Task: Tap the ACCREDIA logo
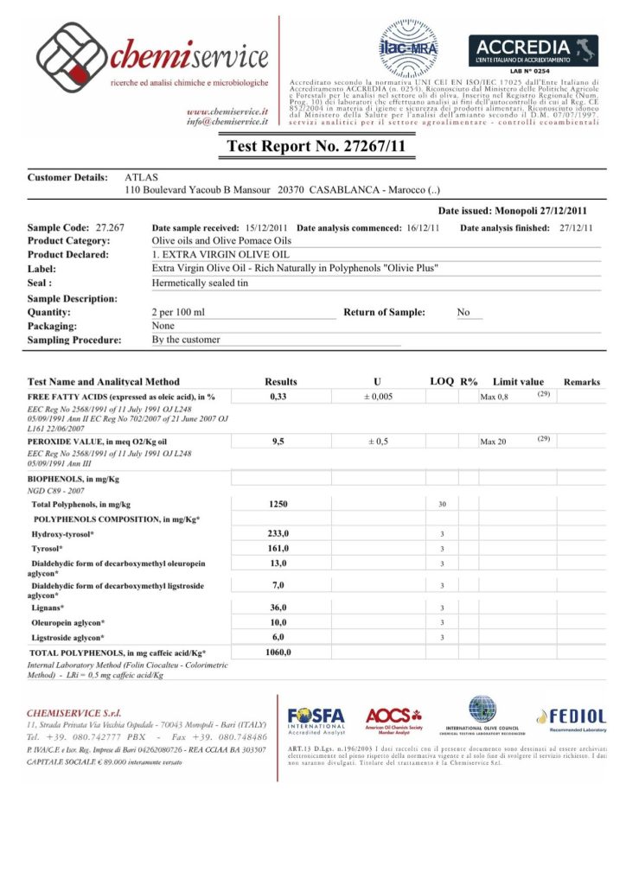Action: click(533, 53)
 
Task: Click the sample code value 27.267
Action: click(111, 227)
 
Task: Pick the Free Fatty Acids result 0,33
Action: click(278, 397)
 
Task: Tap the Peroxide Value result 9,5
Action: click(278, 442)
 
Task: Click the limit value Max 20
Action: click(495, 442)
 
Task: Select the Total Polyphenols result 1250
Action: click(278, 504)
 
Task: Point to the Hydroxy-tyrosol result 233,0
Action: click(278, 534)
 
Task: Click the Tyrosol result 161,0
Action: click(278, 549)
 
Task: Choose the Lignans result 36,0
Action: click(278, 608)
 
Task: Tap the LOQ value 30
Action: click(442, 504)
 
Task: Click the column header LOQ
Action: click(442, 381)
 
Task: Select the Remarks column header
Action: click(582, 381)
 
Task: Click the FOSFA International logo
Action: click(316, 721)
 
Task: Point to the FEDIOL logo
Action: click(571, 716)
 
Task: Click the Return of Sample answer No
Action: click(463, 312)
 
